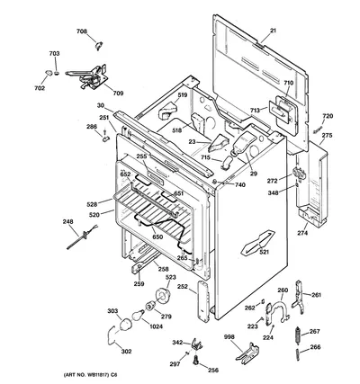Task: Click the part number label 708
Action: pyautogui.click(x=82, y=31)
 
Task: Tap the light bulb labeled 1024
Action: pyautogui.click(x=138, y=315)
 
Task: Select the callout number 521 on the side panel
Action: pyautogui.click(x=265, y=252)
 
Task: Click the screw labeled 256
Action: pyautogui.click(x=196, y=360)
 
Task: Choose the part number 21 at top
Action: pyautogui.click(x=273, y=31)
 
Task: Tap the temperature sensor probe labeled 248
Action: pyautogui.click(x=82, y=237)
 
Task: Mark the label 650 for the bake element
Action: pyautogui.click(x=157, y=237)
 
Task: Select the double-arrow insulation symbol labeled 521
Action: pyautogui.click(x=258, y=242)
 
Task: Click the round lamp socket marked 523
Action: pyautogui.click(x=162, y=296)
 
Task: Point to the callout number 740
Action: pyautogui.click(x=240, y=185)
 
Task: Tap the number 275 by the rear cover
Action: pyautogui.click(x=327, y=135)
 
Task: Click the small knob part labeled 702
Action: pyautogui.click(x=49, y=72)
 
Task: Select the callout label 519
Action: pyautogui.click(x=182, y=95)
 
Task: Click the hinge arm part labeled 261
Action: pyautogui.click(x=298, y=297)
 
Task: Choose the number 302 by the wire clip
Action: pyautogui.click(x=126, y=352)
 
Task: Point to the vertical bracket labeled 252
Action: pyautogui.click(x=203, y=301)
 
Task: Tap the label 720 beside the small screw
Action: pyautogui.click(x=328, y=116)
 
